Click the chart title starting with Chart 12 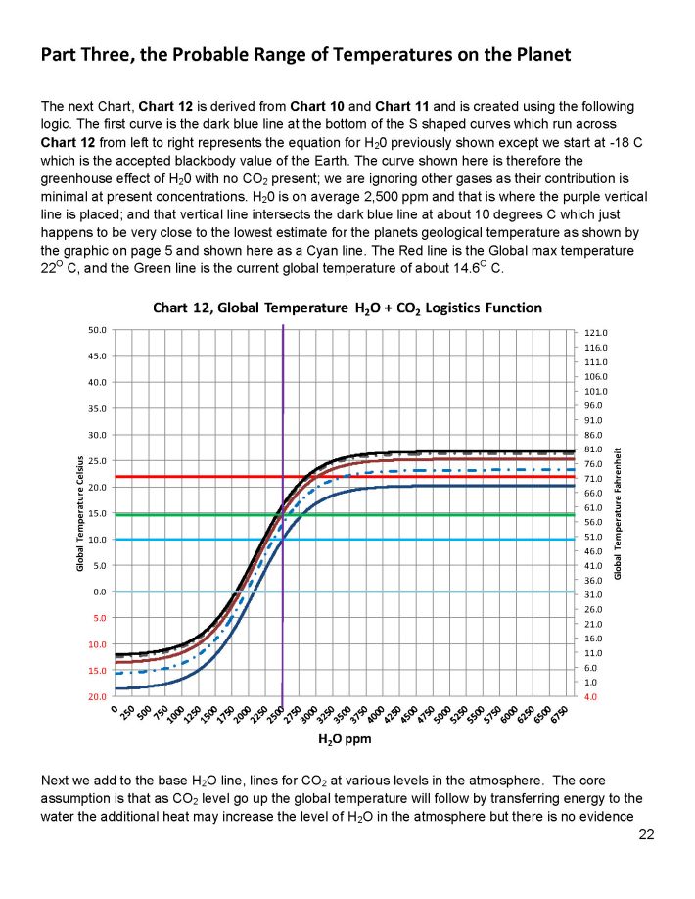[347, 308]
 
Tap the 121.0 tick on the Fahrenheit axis [597, 333]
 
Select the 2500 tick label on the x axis [277, 714]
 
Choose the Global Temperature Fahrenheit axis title [619, 512]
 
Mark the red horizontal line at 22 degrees [196, 477]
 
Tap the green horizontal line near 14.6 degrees [196, 515]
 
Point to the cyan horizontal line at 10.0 [196, 540]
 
